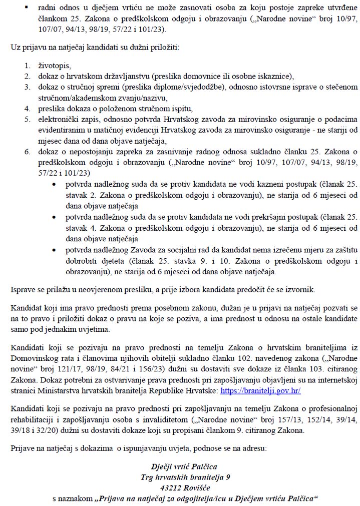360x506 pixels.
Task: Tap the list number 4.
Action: pyautogui.click(x=28, y=109)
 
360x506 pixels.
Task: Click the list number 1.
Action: pyautogui.click(x=28, y=66)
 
